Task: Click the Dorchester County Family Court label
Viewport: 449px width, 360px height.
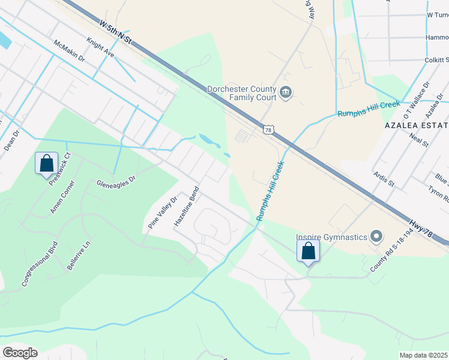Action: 241,93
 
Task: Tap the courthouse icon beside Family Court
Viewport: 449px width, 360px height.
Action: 286,93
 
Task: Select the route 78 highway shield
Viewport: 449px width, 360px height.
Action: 268,129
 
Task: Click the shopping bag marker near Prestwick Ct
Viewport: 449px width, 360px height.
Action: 46,163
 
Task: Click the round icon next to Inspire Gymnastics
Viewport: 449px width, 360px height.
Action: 376,236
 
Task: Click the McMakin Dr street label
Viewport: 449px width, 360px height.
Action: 70,53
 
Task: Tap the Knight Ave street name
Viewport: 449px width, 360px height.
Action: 100,48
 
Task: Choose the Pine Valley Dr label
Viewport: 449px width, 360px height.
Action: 163,212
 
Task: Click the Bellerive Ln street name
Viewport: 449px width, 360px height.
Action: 78,255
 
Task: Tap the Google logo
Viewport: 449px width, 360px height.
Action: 20,353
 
